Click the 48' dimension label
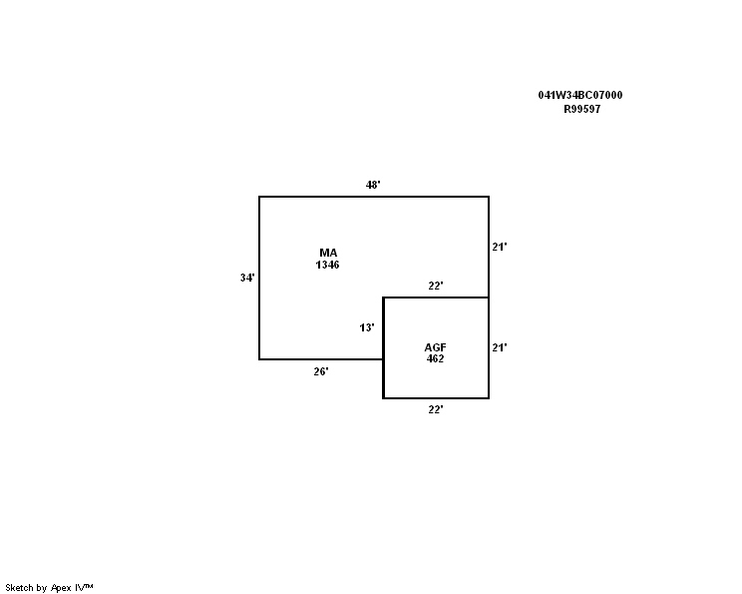click(x=373, y=185)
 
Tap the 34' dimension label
click(x=247, y=278)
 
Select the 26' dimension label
click(x=321, y=371)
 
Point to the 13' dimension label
click(x=367, y=327)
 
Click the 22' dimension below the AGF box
click(x=436, y=409)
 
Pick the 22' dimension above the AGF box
click(x=436, y=286)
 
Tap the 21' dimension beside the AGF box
click(x=500, y=347)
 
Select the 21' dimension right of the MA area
click(x=500, y=247)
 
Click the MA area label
click(x=328, y=253)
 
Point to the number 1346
click(x=327, y=265)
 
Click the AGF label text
click(x=436, y=347)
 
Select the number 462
click(x=436, y=358)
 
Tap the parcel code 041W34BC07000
click(x=580, y=95)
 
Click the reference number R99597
click(x=582, y=109)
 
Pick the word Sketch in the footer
click(x=19, y=588)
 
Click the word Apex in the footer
click(x=61, y=588)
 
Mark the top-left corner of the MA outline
click(x=259, y=197)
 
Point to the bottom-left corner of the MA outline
click(x=259, y=359)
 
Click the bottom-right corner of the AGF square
click(x=489, y=398)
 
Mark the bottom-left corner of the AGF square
click(x=383, y=398)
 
